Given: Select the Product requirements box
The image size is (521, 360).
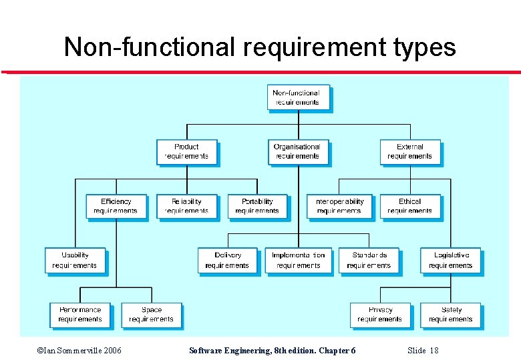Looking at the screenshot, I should coord(186,151).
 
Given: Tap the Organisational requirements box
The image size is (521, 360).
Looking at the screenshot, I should coord(297,151).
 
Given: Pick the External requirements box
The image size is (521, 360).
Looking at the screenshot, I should coord(409,151).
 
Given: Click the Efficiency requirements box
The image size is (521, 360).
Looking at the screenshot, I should coord(116,206).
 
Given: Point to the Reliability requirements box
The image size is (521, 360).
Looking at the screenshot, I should coord(186,206).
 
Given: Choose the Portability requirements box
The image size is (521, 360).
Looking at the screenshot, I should coord(257,206).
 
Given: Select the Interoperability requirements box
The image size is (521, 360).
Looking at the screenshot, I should coord(339,206).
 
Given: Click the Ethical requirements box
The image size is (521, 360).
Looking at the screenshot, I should coord(409,206).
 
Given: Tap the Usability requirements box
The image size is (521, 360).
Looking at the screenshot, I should coord(75,260).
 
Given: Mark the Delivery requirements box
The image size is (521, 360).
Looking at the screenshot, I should coord(227,260).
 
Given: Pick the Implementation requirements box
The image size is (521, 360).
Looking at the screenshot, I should coord(298,260).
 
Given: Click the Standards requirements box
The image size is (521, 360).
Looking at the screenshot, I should coord(369,260).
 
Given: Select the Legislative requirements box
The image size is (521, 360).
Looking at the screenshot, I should coord(450,260).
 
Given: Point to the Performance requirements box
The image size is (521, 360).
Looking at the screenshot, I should coord(80,315).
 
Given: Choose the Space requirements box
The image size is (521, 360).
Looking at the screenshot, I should coord(151,315).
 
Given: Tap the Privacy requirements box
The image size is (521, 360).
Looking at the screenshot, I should coord(379,315).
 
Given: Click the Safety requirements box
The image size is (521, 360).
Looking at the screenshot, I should coord(450,315).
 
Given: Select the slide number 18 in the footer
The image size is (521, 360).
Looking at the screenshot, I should coord(433,351).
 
